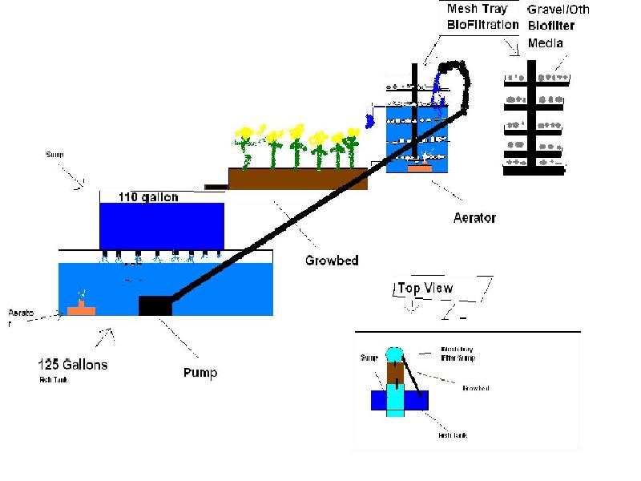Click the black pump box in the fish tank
[x=155, y=305]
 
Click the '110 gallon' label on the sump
[x=148, y=197]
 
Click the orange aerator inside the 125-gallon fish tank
[x=80, y=309]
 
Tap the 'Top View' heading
[x=425, y=288]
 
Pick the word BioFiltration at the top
[x=483, y=25]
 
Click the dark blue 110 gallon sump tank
[x=161, y=225]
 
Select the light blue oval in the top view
[x=395, y=354]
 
